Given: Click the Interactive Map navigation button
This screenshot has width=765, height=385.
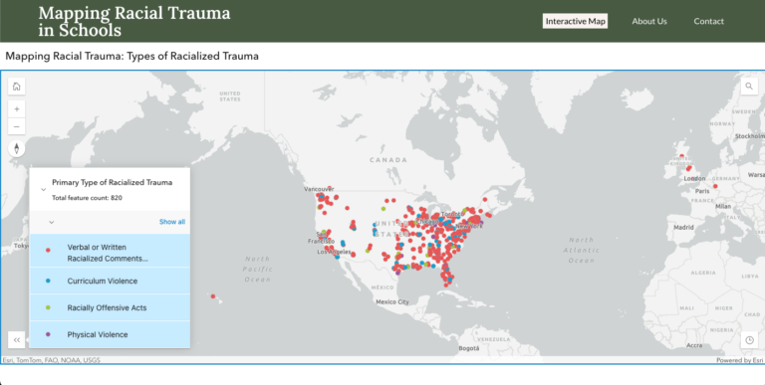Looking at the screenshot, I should (x=575, y=21).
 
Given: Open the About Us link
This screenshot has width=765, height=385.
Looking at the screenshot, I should (x=649, y=21).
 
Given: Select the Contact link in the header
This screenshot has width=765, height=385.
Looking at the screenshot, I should (x=709, y=21).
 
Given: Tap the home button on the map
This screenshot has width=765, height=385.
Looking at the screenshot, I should (x=17, y=87).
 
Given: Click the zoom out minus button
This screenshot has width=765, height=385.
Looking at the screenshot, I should (x=17, y=126).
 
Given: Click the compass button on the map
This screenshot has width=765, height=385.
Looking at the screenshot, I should (x=17, y=149).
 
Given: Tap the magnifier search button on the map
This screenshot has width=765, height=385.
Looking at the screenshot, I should (x=748, y=87).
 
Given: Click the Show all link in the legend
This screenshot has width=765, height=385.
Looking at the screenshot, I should (x=172, y=222).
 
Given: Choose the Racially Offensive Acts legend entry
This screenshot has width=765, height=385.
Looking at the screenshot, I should (x=107, y=307).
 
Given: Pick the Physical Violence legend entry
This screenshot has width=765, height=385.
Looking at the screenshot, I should (x=98, y=334).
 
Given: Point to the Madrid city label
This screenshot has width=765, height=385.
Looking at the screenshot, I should (x=682, y=227).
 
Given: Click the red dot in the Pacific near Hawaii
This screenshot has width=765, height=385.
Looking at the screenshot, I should (x=212, y=295).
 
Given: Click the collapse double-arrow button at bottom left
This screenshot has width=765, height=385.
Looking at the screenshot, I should (x=17, y=339).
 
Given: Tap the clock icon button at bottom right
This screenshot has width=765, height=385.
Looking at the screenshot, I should (x=748, y=339).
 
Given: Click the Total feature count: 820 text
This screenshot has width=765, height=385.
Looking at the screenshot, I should (x=87, y=198).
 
